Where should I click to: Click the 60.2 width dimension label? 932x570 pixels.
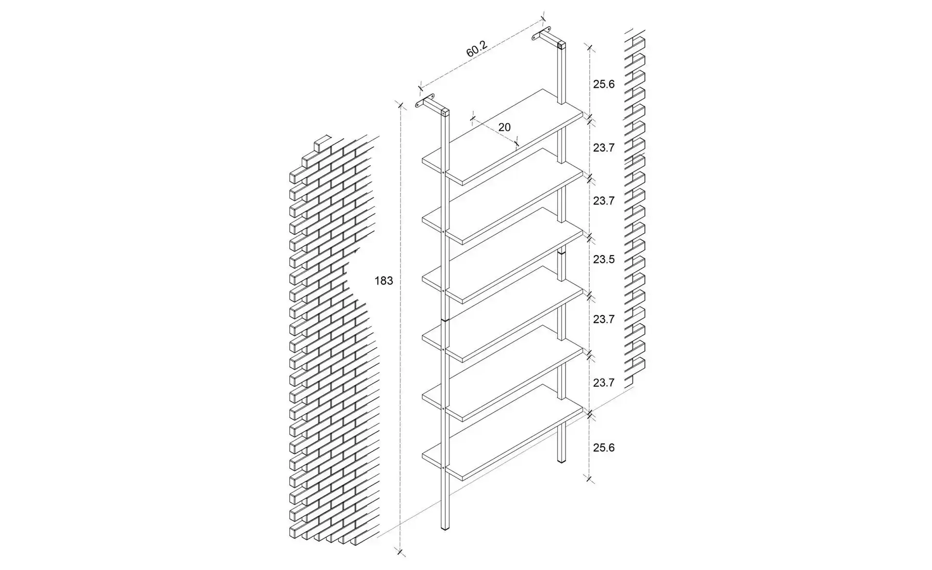pyautogui.click(x=476, y=49)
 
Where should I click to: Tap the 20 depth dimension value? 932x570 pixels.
pyautogui.click(x=504, y=127)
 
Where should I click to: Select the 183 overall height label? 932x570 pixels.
pyautogui.click(x=383, y=281)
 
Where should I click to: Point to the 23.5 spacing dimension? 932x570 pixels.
pyautogui.click(x=604, y=259)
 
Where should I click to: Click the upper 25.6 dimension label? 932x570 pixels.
pyautogui.click(x=604, y=84)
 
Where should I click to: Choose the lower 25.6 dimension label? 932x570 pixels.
pyautogui.click(x=604, y=448)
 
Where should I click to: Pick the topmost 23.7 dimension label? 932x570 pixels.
pyautogui.click(x=604, y=148)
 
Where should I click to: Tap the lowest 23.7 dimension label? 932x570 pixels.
pyautogui.click(x=604, y=383)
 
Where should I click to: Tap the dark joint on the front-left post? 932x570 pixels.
pyautogui.click(x=445, y=320)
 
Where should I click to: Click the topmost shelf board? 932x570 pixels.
pyautogui.click(x=502, y=137)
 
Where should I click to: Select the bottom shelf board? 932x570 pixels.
pyautogui.click(x=502, y=432)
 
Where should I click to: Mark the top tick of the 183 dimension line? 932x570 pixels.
pyautogui.click(x=400, y=105)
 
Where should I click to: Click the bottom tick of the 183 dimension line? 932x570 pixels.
pyautogui.click(x=400, y=551)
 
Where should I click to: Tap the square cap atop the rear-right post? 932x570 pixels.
pyautogui.click(x=562, y=46)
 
